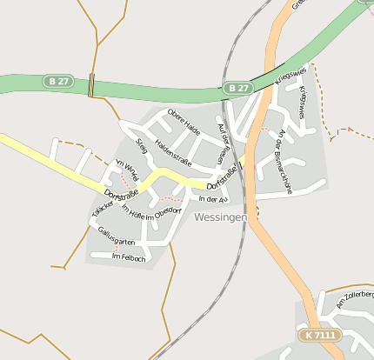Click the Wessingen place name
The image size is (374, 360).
pos(222,217)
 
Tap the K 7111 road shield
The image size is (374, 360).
pos(319,335)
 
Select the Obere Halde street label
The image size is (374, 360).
pos(184,123)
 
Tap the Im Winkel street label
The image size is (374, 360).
pos(127,170)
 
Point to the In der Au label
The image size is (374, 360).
pos(212,199)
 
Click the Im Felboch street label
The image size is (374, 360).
pos(129,257)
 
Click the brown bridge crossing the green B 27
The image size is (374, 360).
pos(91,85)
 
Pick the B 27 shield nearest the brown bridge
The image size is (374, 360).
pos(58,81)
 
